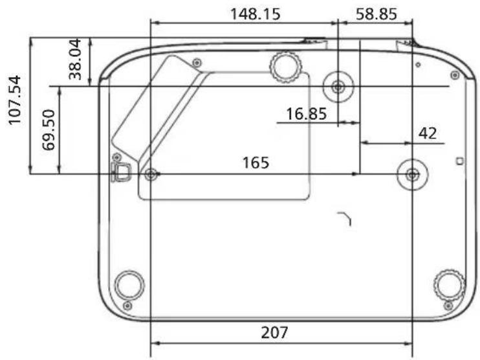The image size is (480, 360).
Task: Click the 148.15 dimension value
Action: coord(255,14)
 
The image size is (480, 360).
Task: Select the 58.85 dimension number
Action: coord(376,14)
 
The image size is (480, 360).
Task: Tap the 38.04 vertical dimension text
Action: coord(75,59)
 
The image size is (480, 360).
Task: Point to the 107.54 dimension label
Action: coord(15,100)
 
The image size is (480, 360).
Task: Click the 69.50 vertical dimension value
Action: coord(49,130)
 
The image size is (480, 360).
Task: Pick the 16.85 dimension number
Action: coord(306,114)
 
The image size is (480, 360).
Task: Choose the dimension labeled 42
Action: coord(428,133)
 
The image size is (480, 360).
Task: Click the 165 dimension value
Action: coord(256,163)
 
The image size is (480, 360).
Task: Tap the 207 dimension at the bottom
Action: coord(274,333)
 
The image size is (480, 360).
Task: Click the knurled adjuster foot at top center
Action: coord(286,67)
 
